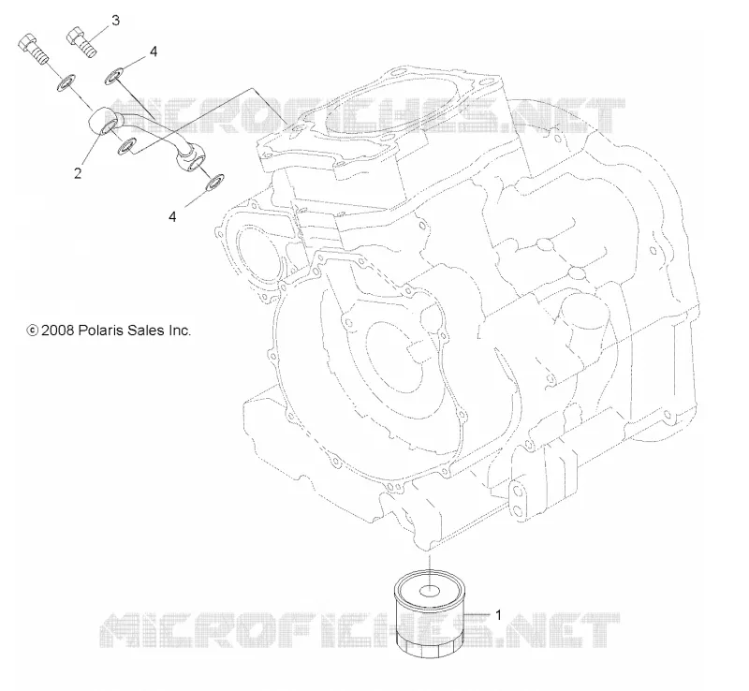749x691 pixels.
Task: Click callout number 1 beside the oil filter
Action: tap(498, 614)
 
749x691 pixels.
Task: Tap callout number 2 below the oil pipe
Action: tap(78, 173)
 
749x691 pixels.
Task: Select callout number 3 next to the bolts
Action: tap(115, 21)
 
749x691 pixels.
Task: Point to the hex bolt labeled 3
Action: tap(82, 42)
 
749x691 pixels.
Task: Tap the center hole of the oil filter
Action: tap(430, 592)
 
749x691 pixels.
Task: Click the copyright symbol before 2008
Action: tap(33, 331)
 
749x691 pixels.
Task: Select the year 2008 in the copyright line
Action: tap(57, 331)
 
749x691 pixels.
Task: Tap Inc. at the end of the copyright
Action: tap(179, 331)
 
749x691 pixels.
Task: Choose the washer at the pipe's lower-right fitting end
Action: tap(214, 182)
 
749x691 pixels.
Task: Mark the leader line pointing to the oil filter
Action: tap(477, 613)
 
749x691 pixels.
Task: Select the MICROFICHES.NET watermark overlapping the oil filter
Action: tap(360, 631)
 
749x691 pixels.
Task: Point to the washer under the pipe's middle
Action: tap(127, 147)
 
